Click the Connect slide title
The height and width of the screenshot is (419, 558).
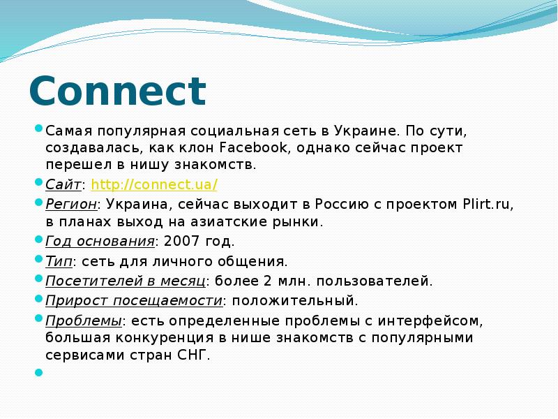click(x=117, y=91)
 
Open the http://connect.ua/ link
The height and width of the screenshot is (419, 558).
click(x=154, y=185)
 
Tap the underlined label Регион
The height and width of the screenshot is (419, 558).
click(x=70, y=205)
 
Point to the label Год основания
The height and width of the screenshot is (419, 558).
click(x=99, y=242)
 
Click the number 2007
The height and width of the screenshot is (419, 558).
click(x=177, y=242)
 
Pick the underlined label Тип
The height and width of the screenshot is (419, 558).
click(x=59, y=262)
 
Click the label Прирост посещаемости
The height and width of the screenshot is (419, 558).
click(x=134, y=301)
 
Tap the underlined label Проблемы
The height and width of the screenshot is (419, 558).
click(x=83, y=321)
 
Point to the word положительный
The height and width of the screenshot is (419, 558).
click(x=295, y=301)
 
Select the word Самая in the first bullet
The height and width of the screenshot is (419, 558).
click(x=68, y=131)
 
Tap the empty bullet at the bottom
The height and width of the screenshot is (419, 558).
click(x=38, y=372)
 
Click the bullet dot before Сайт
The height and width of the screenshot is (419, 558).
click(x=38, y=182)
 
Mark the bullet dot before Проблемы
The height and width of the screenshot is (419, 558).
click(x=38, y=318)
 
